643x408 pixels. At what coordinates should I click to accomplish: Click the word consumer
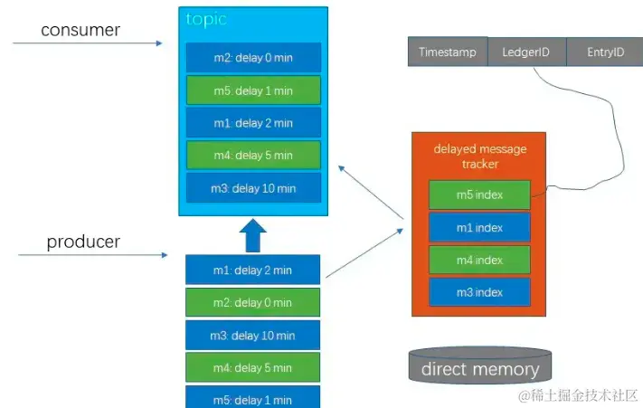coord(80,31)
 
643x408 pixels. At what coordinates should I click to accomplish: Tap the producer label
coord(82,242)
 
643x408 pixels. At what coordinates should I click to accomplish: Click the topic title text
coord(206,19)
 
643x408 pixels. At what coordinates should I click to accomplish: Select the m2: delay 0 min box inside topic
coord(253,58)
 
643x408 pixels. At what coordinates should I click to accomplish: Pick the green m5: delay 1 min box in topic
coord(253,90)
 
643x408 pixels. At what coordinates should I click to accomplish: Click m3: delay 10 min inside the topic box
coord(253,188)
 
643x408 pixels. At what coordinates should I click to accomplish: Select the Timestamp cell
coord(448,52)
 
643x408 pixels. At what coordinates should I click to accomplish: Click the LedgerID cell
coord(526,52)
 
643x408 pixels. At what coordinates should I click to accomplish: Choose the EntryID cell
coord(605,52)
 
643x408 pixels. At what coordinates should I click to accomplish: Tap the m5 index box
coord(478,195)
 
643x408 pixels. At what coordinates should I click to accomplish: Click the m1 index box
coord(478,227)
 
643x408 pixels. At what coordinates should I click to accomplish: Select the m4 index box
coord(478,260)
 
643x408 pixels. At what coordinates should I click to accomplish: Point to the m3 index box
coord(478,292)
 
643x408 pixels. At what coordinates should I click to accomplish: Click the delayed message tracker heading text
coord(479,156)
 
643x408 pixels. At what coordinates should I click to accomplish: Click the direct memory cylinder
coord(479,367)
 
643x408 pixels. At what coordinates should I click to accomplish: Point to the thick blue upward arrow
coord(253,236)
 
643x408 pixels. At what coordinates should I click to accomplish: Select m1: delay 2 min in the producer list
coord(253,270)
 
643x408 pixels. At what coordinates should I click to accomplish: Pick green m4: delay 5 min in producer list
coord(253,368)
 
